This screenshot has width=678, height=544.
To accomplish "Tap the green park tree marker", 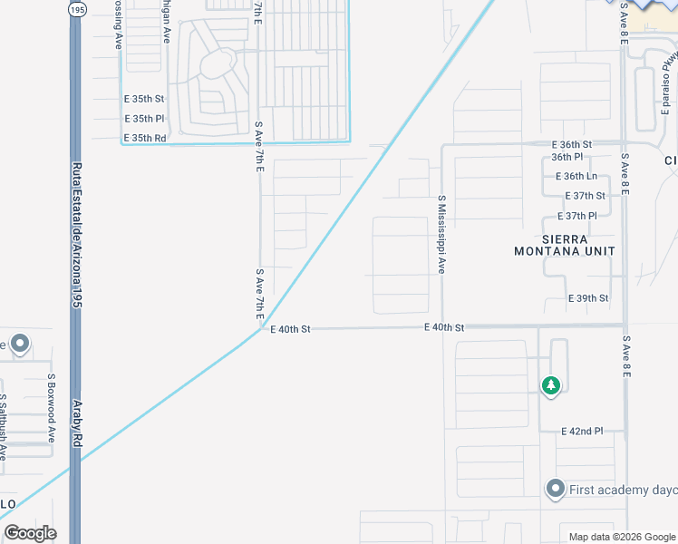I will [x=550, y=385].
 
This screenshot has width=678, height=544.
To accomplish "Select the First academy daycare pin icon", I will [x=555, y=490].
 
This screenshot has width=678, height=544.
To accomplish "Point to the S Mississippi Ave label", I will [x=441, y=234].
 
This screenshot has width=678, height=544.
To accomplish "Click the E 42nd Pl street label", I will [x=582, y=431].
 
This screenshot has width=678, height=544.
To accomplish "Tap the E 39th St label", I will [x=588, y=298].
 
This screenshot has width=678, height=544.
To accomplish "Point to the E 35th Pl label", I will [x=144, y=119].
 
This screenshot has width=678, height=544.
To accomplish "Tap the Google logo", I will [x=30, y=533].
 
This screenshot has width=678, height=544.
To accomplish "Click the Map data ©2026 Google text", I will [x=614, y=537].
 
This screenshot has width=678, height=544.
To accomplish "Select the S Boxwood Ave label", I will [x=53, y=396].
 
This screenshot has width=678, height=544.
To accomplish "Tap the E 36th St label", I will [x=571, y=144].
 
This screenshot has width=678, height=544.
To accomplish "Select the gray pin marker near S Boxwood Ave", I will [x=20, y=345].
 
